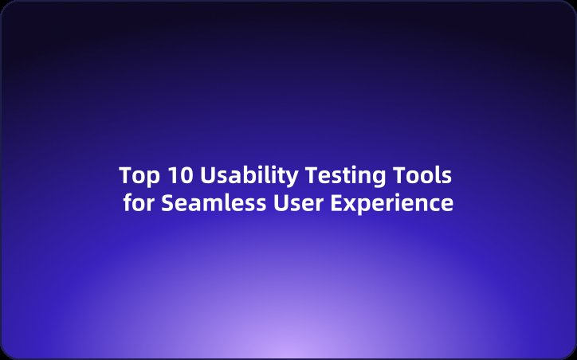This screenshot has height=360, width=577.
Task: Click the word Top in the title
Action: pos(136,174)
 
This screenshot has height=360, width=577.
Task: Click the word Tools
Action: pos(426,174)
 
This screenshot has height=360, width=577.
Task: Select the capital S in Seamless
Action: pos(167,203)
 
